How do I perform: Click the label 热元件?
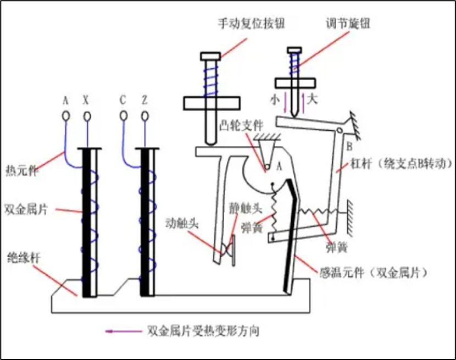click(20, 169)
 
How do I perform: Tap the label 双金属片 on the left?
click(24, 209)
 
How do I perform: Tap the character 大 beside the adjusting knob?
click(312, 99)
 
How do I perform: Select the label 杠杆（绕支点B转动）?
click(400, 164)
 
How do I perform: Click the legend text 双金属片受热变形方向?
click(203, 331)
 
